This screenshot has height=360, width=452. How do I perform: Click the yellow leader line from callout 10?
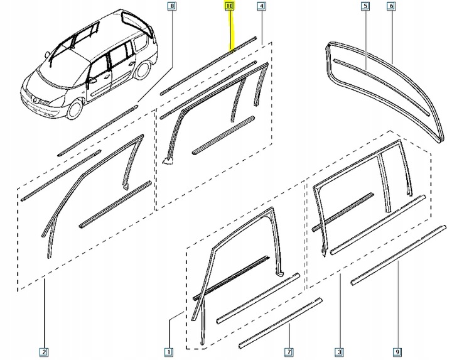pyautogui.click(x=231, y=28)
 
